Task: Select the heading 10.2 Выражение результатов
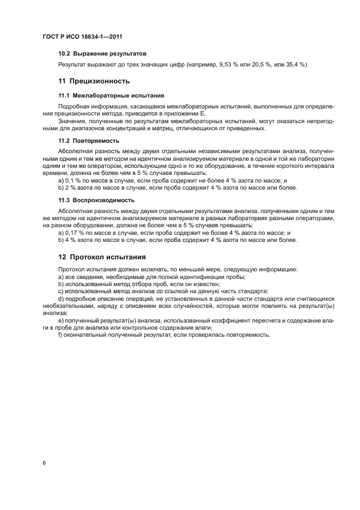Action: click(x=102, y=54)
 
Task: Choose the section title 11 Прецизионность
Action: click(x=94, y=81)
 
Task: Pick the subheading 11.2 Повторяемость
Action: click(x=88, y=140)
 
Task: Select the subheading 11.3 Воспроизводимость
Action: click(x=96, y=199)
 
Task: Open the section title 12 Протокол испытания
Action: click(x=102, y=256)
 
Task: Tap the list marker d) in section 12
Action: click(x=61, y=299)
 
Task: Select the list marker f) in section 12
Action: click(x=60, y=335)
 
